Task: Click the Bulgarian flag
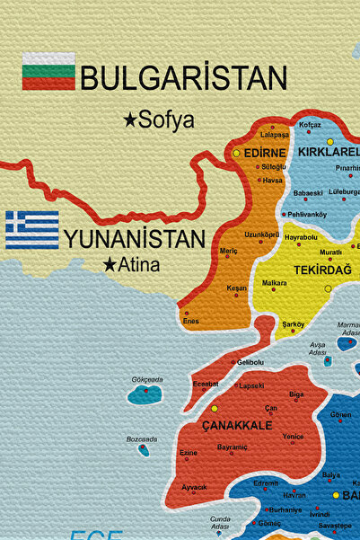click(48, 71)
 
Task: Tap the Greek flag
click(32, 230)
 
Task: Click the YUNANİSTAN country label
click(134, 239)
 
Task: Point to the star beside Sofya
click(131, 120)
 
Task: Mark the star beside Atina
click(110, 265)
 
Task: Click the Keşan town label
click(237, 288)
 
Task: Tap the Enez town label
click(191, 321)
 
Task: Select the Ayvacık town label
click(194, 486)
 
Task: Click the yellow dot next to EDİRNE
click(236, 154)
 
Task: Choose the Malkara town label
click(274, 283)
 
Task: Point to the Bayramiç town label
click(232, 447)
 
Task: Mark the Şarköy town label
click(294, 323)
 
